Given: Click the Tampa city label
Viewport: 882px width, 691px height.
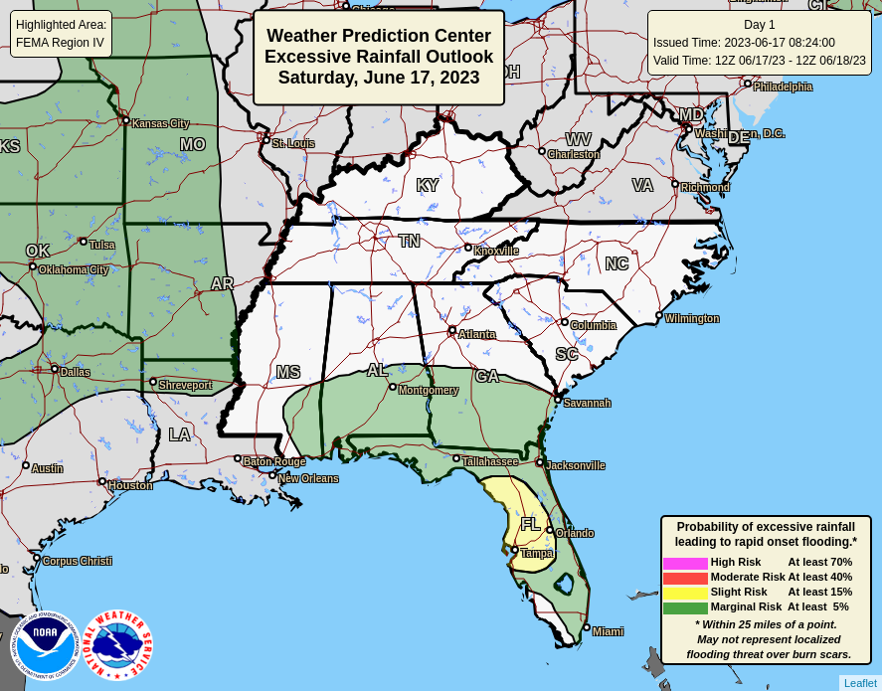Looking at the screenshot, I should click(536, 554).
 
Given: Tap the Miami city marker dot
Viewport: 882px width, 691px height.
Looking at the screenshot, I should click(587, 627).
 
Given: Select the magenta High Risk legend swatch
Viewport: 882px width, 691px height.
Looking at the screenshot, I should click(685, 563).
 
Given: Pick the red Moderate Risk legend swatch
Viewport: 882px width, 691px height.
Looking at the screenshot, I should click(685, 578).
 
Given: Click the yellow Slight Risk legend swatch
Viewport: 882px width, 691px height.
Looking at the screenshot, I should click(685, 593).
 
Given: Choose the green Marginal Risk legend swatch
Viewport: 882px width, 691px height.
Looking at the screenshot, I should click(685, 607).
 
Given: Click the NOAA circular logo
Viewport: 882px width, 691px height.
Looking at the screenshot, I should click(44, 645).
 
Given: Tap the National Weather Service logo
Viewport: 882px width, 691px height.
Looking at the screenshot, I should click(117, 645).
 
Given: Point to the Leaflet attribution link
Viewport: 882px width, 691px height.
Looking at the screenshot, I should click(860, 683).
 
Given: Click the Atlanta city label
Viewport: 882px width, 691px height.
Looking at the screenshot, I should click(476, 335).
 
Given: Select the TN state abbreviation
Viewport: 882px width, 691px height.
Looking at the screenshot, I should click(409, 242).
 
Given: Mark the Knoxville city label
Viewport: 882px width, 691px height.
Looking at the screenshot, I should click(495, 252).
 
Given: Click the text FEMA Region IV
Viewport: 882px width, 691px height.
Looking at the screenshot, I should click(60, 43).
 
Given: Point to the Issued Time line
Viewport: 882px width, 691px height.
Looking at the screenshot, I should click(744, 43).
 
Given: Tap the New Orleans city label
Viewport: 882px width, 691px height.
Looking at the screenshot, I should click(307, 479).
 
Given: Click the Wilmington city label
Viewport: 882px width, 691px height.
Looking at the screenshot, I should click(691, 319).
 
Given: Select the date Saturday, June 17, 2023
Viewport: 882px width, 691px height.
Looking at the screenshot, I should click(379, 78).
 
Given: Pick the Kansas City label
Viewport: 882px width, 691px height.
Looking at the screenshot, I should click(160, 124).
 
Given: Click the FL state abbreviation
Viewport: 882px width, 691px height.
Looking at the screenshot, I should click(531, 524).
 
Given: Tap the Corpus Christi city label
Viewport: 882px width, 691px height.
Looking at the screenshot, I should click(77, 562).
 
